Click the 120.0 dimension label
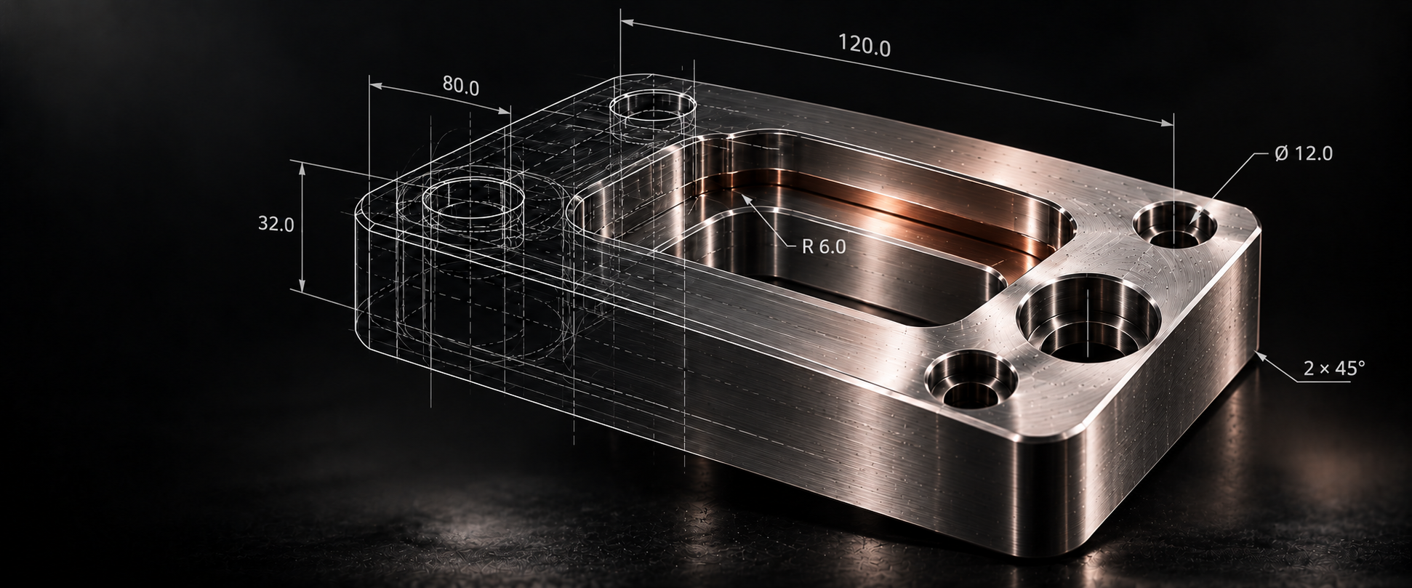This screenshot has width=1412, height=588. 864,45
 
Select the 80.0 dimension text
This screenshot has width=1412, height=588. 461,87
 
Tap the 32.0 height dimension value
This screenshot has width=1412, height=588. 276,224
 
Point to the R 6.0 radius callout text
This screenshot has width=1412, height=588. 824,246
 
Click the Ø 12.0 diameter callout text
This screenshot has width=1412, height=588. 1304,153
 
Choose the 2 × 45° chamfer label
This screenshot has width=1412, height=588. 1334,369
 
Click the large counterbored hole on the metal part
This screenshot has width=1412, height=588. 1088,316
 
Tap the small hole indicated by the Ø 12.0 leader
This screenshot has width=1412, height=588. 1175,225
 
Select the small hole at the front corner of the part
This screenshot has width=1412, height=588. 971,379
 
